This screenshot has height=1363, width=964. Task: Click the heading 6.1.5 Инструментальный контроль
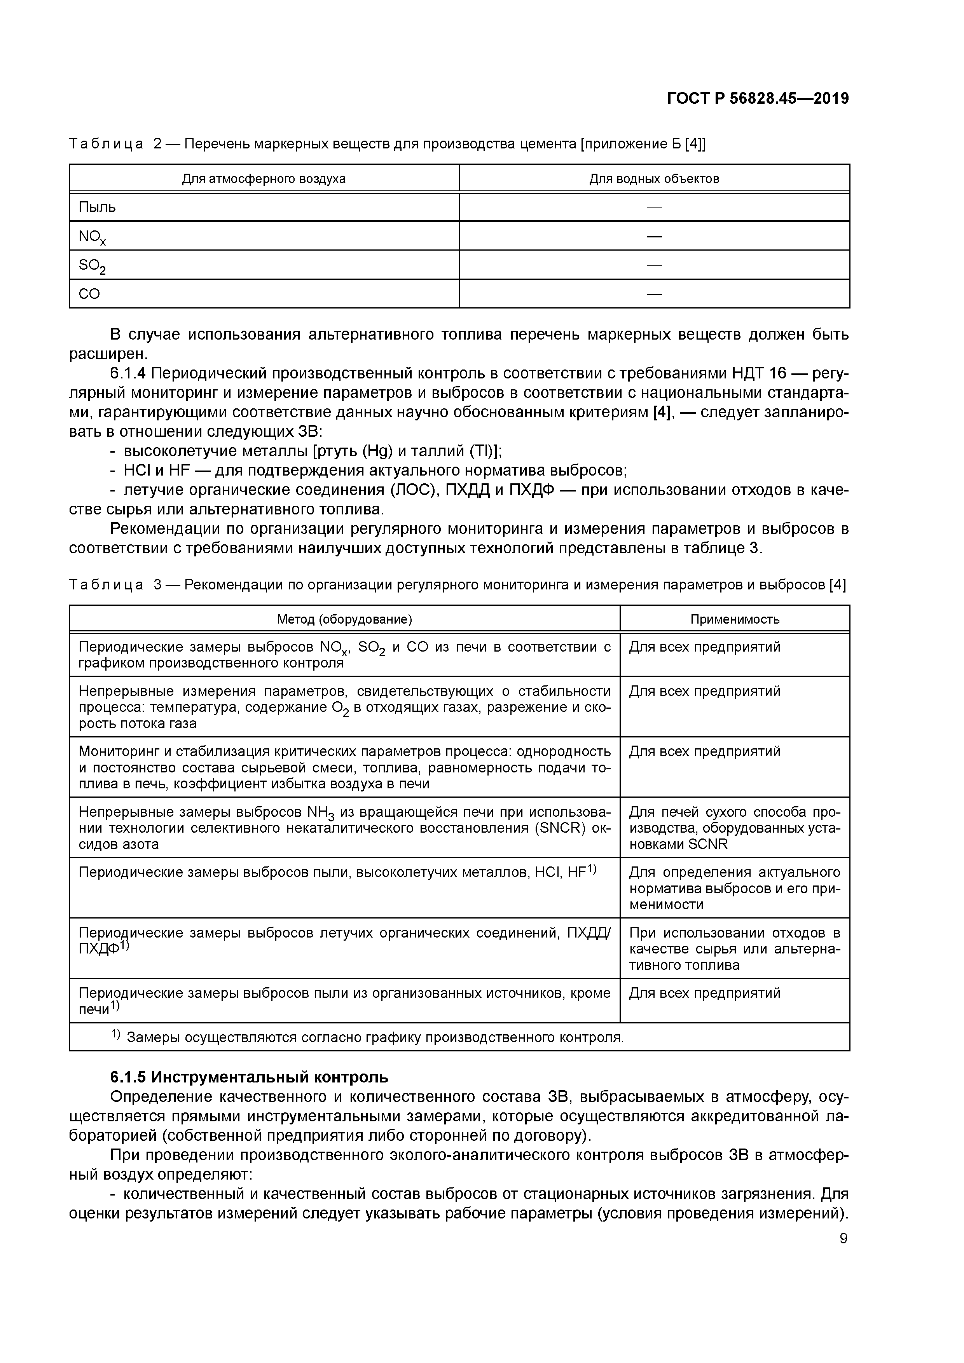click(x=250, y=1076)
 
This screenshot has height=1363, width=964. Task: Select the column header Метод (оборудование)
click(x=344, y=619)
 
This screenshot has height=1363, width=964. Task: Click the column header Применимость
click(x=735, y=619)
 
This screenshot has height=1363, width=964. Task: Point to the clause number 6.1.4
click(x=129, y=373)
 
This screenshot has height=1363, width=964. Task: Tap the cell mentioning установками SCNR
click(x=735, y=828)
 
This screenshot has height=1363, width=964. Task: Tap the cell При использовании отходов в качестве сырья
click(x=735, y=948)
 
